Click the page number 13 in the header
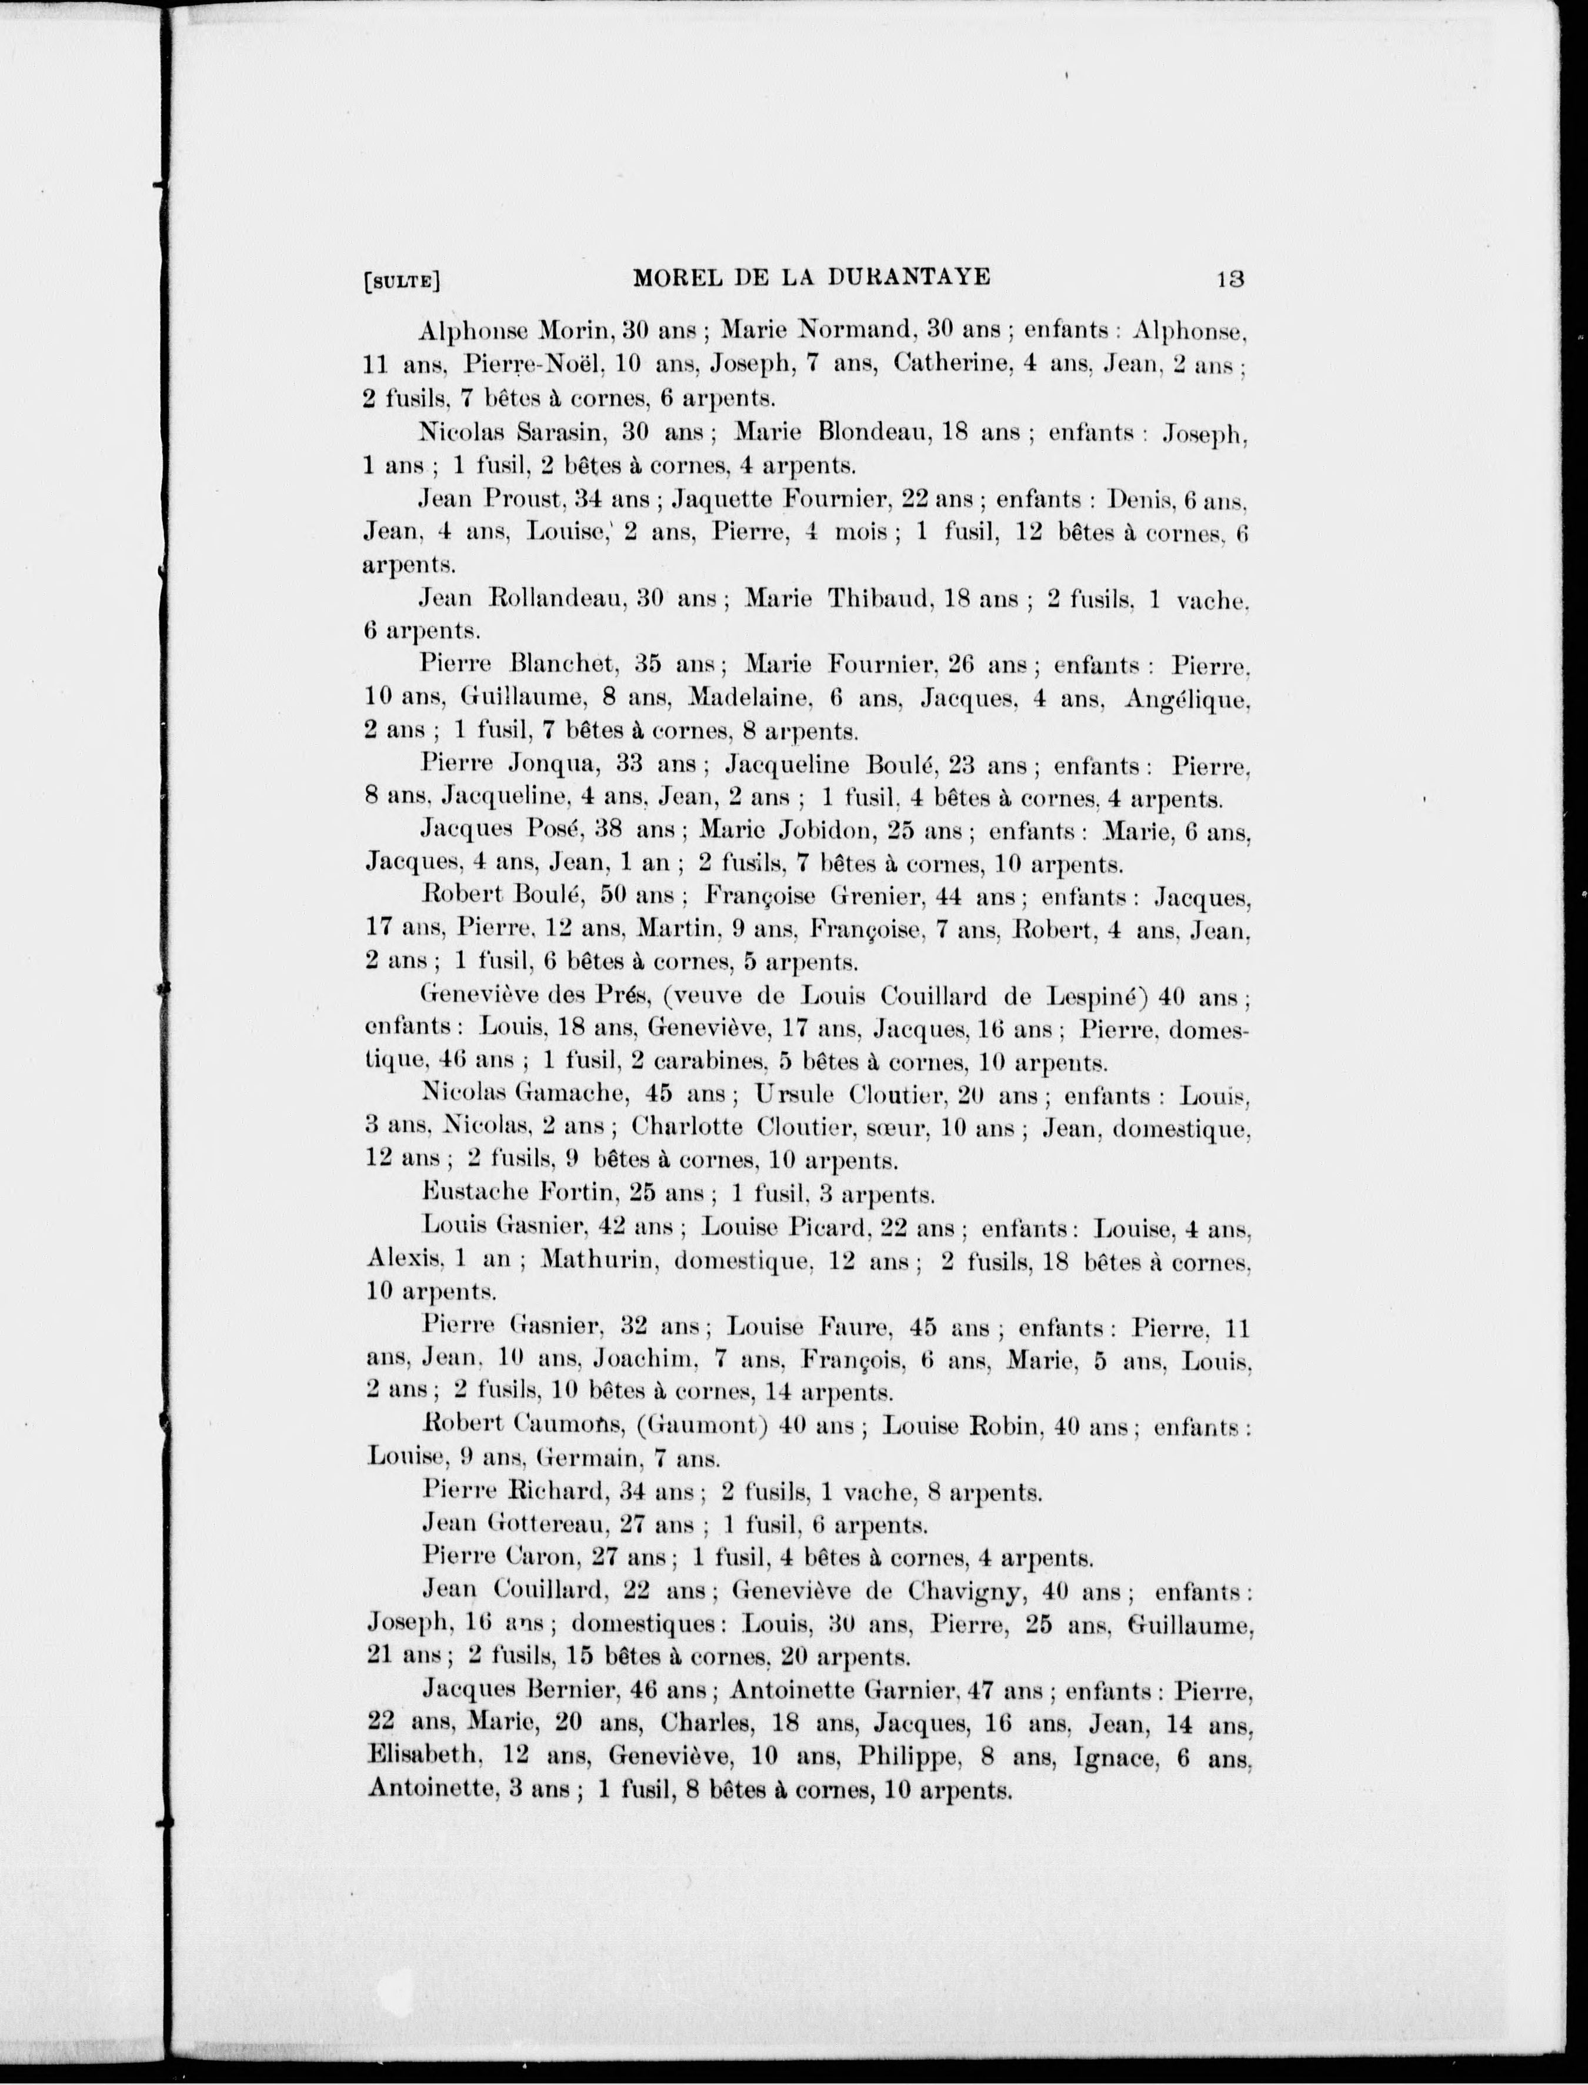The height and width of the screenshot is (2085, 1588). click(x=1230, y=279)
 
